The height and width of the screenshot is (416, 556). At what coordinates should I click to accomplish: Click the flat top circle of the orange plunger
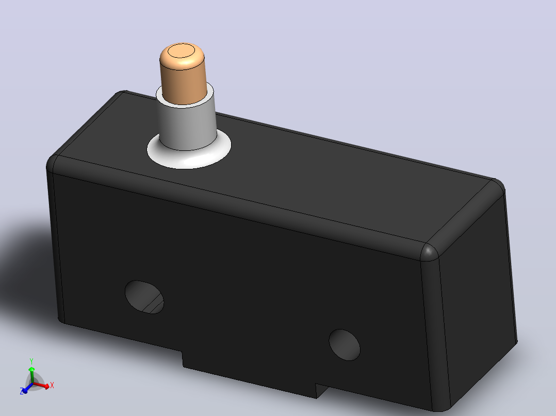181,50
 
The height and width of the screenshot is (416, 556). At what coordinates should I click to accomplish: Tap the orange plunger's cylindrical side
183,84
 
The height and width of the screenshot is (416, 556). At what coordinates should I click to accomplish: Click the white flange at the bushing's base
189,156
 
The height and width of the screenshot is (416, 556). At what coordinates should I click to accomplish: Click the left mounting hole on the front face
144,297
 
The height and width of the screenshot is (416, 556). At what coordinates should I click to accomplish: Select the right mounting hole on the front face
345,345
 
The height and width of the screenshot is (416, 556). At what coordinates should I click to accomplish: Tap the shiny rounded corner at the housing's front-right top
429,252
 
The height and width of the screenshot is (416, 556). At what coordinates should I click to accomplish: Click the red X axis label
52,385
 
